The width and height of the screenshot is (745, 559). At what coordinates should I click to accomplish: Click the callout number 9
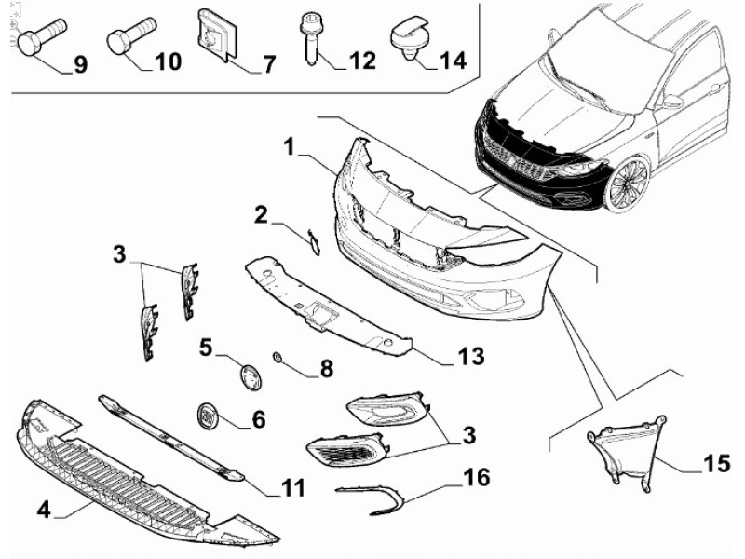point(79,64)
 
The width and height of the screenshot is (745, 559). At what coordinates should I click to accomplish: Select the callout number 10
point(168,62)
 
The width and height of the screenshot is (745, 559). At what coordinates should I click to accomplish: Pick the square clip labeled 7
point(215,35)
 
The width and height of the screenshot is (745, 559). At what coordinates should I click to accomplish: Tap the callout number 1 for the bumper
point(290,146)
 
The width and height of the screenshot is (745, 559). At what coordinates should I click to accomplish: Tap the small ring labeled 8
point(277,357)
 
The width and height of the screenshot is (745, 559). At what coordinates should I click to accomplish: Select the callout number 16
point(475,479)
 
